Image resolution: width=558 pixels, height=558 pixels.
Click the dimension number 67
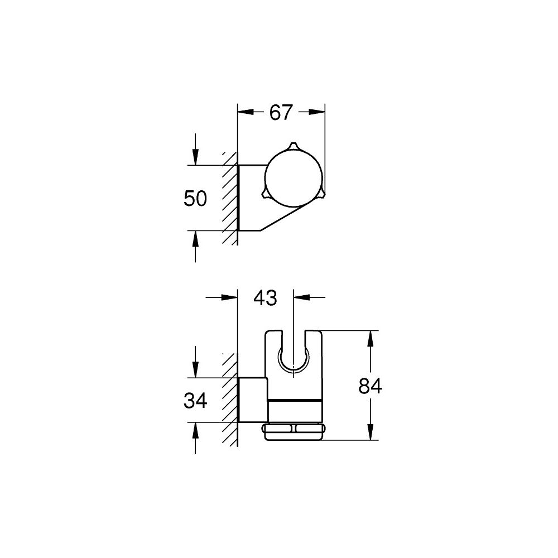pos(281,112)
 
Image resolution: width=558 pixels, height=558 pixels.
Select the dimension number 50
pos(195,199)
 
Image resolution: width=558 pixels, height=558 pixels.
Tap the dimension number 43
pos(265,298)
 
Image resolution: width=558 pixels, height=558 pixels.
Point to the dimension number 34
pos(195,400)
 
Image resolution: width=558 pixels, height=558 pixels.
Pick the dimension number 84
pos(370,386)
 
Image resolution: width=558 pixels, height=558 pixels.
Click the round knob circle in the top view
pos(292,177)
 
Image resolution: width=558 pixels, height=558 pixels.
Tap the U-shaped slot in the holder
pos(293,357)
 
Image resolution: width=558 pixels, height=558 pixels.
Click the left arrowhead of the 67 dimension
pos(243,112)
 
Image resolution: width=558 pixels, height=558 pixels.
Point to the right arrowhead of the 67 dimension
pos(320,112)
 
